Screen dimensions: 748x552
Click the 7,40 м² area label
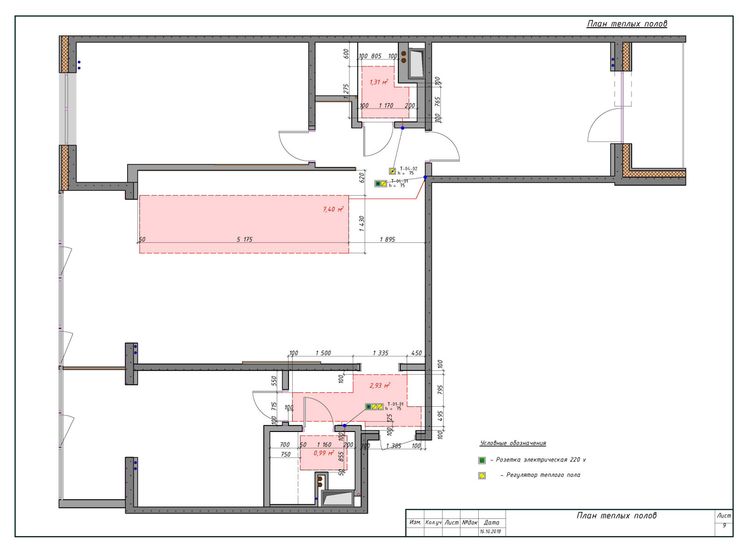(333, 209)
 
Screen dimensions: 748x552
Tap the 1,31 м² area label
(378, 82)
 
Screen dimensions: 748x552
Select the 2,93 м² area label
(380, 385)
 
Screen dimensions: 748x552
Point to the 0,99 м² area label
(324, 453)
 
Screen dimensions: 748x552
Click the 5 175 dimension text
(245, 239)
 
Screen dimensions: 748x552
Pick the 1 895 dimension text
(387, 239)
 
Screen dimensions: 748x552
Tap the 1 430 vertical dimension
(362, 223)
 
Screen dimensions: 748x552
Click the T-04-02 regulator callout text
(408, 169)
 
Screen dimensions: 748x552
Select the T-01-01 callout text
(395, 403)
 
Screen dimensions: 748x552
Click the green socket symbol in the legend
(482, 460)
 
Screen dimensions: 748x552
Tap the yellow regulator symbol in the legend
(482, 475)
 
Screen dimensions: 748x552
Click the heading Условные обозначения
(512, 443)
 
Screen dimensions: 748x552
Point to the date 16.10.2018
(490, 531)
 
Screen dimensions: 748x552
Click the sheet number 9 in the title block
(724, 525)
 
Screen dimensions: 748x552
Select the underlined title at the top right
(627, 24)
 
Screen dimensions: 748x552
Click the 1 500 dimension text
(323, 353)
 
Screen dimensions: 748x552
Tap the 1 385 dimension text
(394, 446)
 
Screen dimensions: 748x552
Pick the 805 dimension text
(376, 56)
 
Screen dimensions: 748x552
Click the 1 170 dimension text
(386, 106)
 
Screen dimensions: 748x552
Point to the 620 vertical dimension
(362, 177)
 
